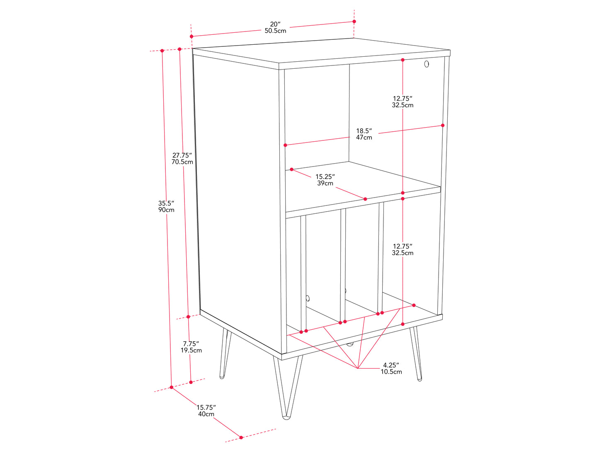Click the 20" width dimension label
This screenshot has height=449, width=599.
(x=275, y=24)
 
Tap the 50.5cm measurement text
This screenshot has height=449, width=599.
(x=275, y=31)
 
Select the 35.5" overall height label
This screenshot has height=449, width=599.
(x=166, y=203)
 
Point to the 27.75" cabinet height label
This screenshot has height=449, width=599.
(x=182, y=155)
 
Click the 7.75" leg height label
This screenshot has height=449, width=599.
(x=191, y=344)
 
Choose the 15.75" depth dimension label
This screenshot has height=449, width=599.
(x=206, y=408)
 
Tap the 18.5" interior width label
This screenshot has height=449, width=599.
(x=364, y=131)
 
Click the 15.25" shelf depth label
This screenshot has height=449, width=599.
(x=325, y=177)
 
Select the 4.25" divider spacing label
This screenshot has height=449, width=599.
(x=391, y=365)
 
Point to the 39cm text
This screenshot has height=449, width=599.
(x=325, y=183)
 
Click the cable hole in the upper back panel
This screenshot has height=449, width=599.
(x=427, y=64)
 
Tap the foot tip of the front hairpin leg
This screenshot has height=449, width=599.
(x=286, y=418)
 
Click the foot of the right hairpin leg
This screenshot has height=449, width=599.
(x=420, y=379)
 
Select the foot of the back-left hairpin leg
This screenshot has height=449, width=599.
(x=222, y=377)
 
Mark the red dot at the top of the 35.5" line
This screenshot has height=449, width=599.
(x=162, y=51)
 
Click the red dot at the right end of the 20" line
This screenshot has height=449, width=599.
(x=354, y=22)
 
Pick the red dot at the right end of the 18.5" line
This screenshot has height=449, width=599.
(x=443, y=126)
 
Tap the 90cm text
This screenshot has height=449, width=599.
(x=166, y=210)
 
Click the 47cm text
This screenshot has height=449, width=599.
(x=364, y=138)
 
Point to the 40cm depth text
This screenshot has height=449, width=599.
(x=206, y=414)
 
